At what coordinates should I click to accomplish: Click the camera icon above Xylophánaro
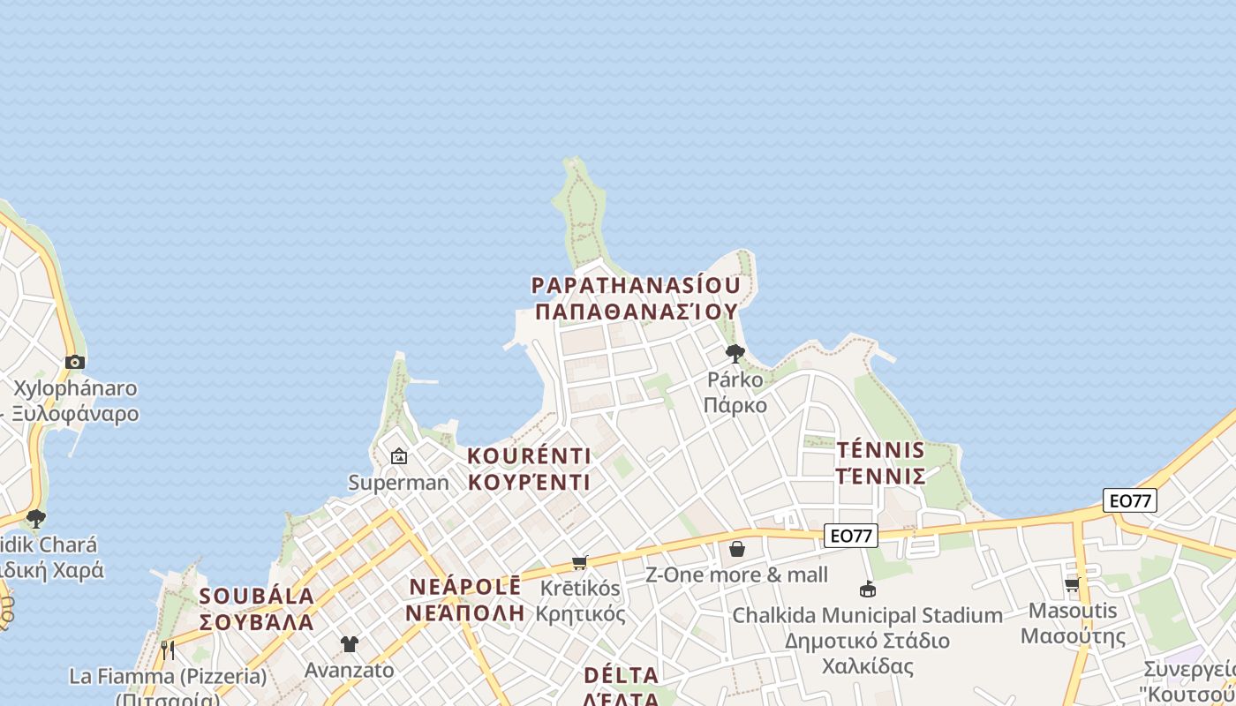point(75,362)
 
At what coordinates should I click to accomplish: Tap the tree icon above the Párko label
point(735,354)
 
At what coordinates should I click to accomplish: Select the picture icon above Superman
point(399,456)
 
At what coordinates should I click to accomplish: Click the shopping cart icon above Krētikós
point(580,562)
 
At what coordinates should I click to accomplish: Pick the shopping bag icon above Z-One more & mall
point(737,549)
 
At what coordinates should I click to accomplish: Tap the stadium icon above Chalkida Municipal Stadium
point(868,589)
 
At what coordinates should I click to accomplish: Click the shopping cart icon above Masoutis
point(1073,584)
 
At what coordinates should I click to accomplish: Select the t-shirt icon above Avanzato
point(350,644)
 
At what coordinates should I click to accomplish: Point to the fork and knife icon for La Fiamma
point(168,650)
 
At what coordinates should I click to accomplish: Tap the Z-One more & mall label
point(737,575)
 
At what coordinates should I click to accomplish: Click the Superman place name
point(399,483)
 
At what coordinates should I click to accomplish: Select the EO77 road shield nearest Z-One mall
point(851,535)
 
